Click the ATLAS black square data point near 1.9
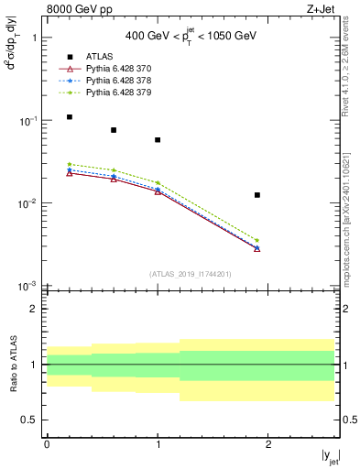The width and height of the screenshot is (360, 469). coord(257,195)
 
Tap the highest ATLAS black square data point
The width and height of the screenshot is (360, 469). coord(70,117)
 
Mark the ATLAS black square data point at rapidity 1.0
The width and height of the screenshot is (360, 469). coord(158,140)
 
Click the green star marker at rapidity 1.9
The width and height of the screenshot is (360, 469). coord(257,240)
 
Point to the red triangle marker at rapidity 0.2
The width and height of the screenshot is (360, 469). coord(70,173)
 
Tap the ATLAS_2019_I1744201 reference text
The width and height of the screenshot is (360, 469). coord(191,274)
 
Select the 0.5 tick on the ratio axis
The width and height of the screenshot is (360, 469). coord(33,420)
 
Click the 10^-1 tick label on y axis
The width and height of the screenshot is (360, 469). coord(30,121)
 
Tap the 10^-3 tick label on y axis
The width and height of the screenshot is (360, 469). coord(30,287)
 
